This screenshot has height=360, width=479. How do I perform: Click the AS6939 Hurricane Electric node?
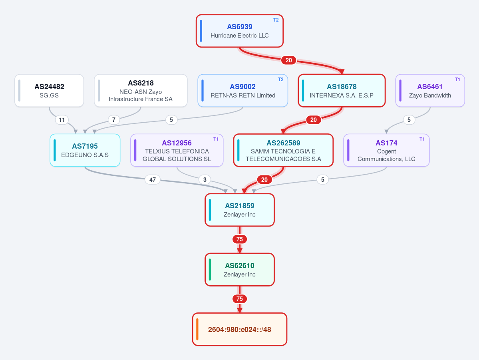click(x=240, y=31)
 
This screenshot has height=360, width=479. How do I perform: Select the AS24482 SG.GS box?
click(x=49, y=91)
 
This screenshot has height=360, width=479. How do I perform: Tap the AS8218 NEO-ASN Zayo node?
click(x=141, y=91)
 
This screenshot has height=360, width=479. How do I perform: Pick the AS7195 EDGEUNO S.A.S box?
click(x=85, y=150)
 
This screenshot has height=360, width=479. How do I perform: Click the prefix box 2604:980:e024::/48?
click(x=240, y=330)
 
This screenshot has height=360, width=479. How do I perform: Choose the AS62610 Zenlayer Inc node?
click(x=240, y=270)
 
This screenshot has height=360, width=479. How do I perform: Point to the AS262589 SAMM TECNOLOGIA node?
click(x=283, y=150)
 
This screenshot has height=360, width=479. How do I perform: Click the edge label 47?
click(x=153, y=180)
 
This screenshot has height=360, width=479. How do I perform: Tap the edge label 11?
click(x=62, y=120)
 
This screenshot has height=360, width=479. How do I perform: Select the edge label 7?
click(x=114, y=120)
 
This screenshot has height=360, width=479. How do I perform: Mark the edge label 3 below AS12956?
click(x=205, y=180)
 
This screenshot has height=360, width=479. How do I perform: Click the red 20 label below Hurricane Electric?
click(x=289, y=60)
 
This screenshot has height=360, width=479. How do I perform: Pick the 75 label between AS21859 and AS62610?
click(x=240, y=239)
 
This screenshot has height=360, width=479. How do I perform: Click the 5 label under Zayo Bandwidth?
click(x=409, y=120)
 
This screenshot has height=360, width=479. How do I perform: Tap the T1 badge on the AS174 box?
click(x=422, y=139)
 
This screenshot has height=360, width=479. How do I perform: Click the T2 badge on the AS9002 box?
click(x=281, y=80)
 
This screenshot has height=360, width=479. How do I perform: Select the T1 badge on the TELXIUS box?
click(x=216, y=139)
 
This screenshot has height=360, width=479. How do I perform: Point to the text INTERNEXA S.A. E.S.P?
click(x=342, y=95)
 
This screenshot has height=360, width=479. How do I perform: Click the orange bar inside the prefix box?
click(x=197, y=330)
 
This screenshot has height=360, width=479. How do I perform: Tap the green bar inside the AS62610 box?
click(x=210, y=270)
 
